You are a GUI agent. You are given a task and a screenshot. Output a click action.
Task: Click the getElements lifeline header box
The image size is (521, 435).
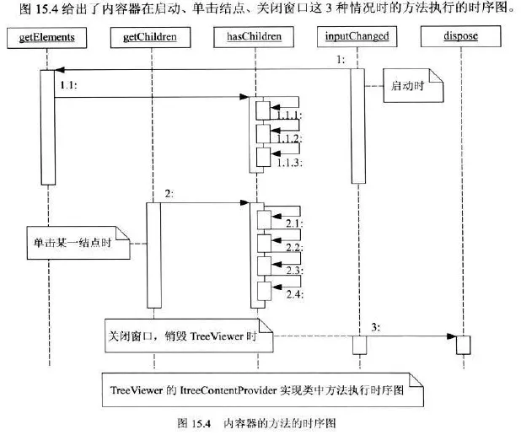coord(47,38)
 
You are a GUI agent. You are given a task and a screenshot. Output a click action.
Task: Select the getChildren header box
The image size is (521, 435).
coord(151,37)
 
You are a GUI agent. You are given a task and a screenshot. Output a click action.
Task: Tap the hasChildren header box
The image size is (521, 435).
coord(254,36)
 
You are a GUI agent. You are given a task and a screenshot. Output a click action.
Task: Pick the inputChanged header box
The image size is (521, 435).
coord(357,36)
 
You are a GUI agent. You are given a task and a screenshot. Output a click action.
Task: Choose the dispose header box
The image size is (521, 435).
coord(461,36)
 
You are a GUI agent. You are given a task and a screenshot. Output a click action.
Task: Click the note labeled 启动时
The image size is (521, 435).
coord(413,85)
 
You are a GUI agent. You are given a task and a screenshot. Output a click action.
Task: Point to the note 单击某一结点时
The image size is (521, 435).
coord(78,243)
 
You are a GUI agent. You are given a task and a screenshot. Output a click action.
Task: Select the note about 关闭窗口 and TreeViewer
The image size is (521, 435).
coord(189,336)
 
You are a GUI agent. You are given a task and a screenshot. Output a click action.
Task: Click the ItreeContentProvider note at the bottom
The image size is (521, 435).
coord(262,389)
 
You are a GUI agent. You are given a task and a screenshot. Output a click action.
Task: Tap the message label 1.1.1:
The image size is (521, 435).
coord(289,115)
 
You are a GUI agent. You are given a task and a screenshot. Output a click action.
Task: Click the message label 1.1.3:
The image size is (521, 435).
coord(289,163)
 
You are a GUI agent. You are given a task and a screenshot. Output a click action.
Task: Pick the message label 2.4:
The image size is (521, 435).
coord(295,294)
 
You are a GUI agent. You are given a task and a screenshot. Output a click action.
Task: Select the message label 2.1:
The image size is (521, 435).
coord(295,223)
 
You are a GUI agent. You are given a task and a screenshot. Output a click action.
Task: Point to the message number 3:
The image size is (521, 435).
coord(375,328)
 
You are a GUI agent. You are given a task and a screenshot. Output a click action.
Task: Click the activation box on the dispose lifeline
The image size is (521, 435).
coord(463,345)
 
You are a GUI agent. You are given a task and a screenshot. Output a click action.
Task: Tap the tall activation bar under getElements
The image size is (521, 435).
coord(48,127)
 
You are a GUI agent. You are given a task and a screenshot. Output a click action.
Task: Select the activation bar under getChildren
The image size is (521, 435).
coord(154,255)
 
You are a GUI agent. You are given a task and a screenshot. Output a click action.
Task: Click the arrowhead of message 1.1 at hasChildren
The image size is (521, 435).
coord(244,97)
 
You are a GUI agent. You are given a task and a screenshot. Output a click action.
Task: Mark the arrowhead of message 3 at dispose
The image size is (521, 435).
coord(452,336)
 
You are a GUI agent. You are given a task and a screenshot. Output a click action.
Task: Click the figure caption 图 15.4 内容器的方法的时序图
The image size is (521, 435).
coord(256,423)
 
